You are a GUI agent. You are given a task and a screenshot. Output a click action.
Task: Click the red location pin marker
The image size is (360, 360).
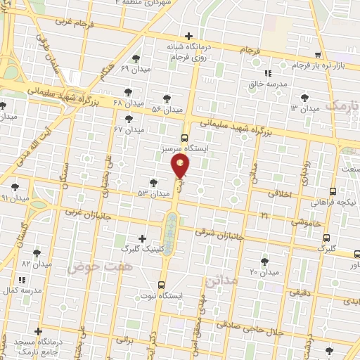pos(180,167)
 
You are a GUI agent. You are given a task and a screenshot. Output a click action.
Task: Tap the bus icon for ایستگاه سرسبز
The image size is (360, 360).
pos(184,138)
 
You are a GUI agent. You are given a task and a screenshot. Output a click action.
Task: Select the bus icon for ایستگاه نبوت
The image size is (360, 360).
pos(162,285)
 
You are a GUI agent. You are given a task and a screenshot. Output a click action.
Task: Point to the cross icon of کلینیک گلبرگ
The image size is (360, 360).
pos(143,238)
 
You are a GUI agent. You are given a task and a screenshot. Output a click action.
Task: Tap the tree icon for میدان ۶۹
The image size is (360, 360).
pos(136,59)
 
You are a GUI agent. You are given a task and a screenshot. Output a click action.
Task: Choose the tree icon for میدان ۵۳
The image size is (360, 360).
pos(154,182)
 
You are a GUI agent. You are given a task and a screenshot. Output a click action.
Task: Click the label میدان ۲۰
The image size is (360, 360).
pos(264,271)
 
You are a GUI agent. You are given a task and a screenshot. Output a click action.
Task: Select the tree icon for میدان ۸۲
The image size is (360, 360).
pos(37,253)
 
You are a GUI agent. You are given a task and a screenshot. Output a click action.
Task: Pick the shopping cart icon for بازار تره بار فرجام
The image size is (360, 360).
pos(319,55)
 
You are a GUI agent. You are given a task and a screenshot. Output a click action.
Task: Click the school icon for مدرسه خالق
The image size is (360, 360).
pos(267,73)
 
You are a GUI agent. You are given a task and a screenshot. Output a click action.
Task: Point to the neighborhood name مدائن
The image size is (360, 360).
pos(223,281)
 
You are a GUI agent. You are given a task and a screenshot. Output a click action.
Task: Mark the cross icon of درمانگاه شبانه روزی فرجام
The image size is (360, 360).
pos(188,36)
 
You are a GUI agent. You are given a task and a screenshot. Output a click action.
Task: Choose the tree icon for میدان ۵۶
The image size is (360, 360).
pos(167,99)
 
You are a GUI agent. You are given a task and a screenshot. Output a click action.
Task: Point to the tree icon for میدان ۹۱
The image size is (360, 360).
pos(15,187)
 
